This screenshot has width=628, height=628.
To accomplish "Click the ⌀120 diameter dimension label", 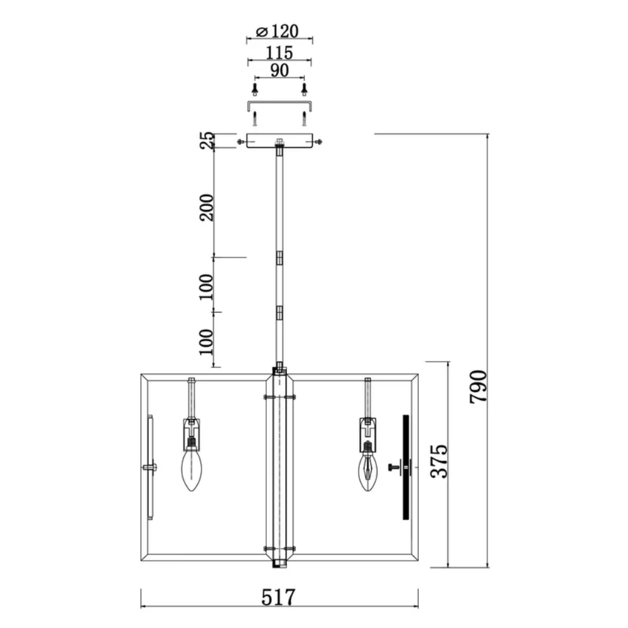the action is (x=277, y=31).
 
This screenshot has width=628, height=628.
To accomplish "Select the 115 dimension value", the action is (x=279, y=53).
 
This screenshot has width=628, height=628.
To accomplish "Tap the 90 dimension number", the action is (x=279, y=70).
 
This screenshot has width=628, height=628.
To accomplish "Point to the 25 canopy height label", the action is (x=207, y=141).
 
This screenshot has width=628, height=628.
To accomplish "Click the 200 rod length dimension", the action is (x=207, y=207).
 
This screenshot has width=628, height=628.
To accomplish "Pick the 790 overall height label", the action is (x=478, y=387).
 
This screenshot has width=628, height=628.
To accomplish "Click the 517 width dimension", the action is (x=278, y=598).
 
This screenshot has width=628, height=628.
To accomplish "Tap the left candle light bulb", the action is (x=192, y=469).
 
